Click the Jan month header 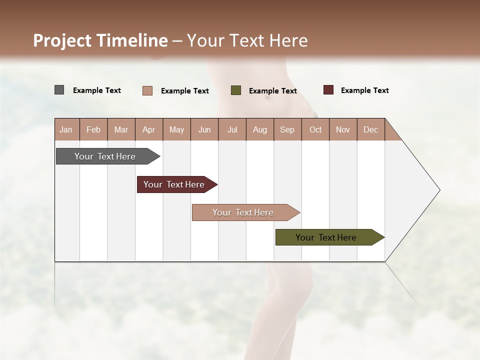[x=66, y=130]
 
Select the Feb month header [x=93, y=130]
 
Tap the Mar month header [x=121, y=130]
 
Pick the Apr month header [x=148, y=130]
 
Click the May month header [x=176, y=130]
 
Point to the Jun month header [x=204, y=130]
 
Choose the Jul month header [x=232, y=130]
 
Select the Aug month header [x=259, y=130]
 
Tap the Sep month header [x=287, y=130]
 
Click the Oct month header [x=315, y=130]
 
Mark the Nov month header [x=343, y=130]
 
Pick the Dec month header [x=370, y=130]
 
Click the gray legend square [x=59, y=90]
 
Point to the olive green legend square [x=236, y=90]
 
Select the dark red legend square [x=328, y=90]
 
